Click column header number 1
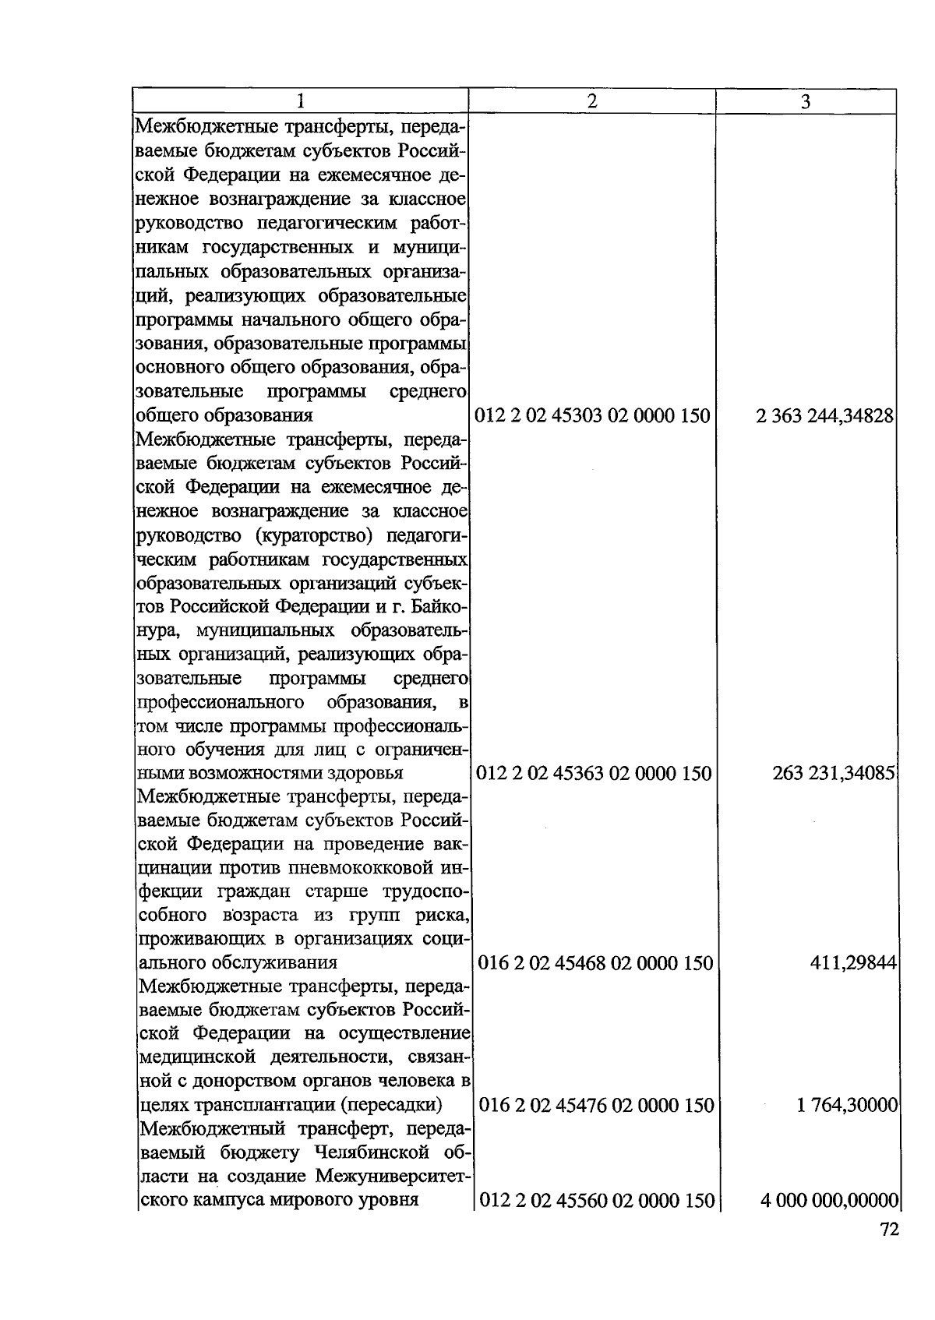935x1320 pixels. click(300, 102)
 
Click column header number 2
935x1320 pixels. click(592, 101)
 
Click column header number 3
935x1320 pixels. click(806, 102)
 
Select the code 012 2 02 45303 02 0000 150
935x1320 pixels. click(593, 416)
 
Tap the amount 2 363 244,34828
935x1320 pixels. click(824, 416)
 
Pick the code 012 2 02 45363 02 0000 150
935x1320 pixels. click(594, 774)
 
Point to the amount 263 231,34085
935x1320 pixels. click(833, 774)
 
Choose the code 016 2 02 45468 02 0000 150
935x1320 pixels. click(595, 964)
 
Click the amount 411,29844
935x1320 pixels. click(853, 964)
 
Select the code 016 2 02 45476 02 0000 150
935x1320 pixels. click(596, 1106)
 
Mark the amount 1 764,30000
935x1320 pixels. click(847, 1106)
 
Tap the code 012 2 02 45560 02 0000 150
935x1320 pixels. click(597, 1201)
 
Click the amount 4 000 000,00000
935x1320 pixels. click(830, 1201)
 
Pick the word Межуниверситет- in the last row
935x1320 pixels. click(390, 1176)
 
